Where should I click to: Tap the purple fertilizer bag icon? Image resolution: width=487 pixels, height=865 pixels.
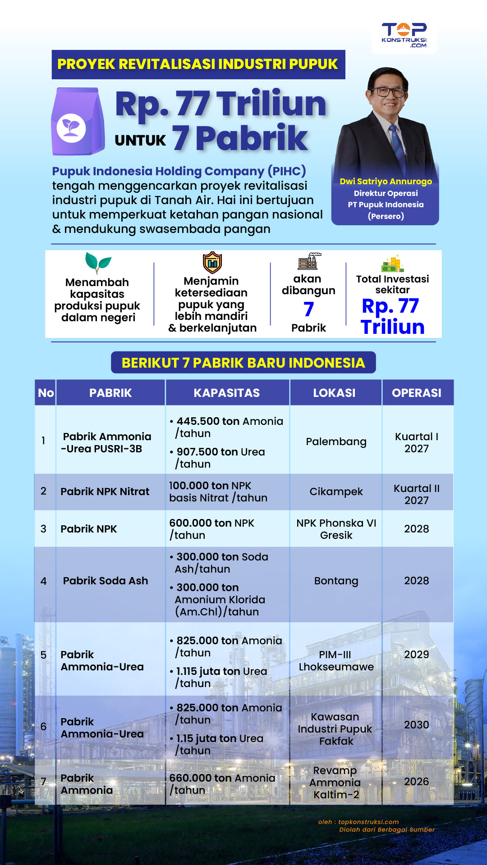point(78,122)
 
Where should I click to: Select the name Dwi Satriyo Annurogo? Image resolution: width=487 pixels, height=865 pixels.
point(386,181)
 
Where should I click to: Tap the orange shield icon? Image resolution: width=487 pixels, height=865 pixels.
point(212,262)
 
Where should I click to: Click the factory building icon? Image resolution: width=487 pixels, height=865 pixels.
point(308,261)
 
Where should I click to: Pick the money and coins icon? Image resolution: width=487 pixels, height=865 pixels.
point(392,264)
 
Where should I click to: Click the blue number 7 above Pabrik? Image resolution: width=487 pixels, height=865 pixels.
point(308,309)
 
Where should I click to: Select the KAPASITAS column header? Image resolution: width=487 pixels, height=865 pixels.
point(227,393)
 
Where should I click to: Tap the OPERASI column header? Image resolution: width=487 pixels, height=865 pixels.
point(417,393)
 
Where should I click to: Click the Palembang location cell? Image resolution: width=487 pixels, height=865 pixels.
point(336,442)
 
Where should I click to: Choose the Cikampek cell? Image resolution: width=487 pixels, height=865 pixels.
point(336,492)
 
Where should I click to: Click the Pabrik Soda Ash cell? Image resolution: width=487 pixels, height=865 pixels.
point(106,581)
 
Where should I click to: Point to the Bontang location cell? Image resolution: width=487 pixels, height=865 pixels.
point(336,581)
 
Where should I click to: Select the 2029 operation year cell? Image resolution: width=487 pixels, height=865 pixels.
point(417,655)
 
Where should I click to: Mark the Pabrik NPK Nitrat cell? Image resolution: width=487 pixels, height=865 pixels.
point(105,492)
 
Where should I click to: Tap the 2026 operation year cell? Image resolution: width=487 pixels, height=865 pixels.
point(417,782)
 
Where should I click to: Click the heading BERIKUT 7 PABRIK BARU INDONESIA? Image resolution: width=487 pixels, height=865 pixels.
point(243,363)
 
